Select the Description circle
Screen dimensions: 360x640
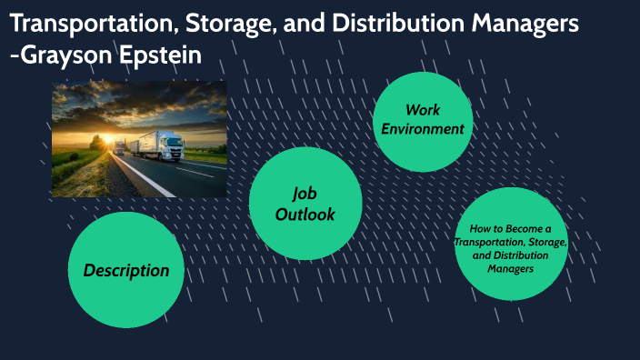(x=125, y=270)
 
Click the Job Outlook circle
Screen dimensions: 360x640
(x=305, y=204)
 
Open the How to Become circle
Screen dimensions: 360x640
(x=511, y=244)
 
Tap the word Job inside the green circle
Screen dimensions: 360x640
(x=305, y=193)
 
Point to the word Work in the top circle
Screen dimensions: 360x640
(x=423, y=110)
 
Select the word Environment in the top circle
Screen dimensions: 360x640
(x=423, y=129)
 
